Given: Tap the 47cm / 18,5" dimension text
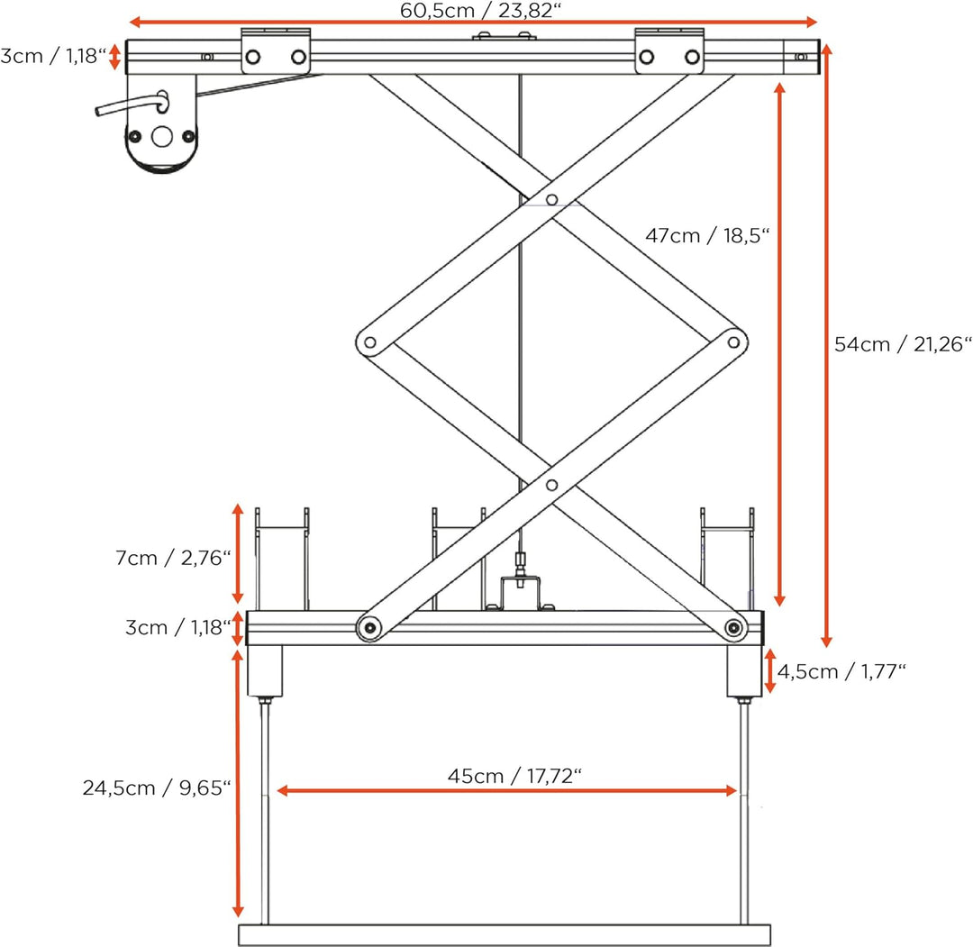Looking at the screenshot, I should pos(707,236).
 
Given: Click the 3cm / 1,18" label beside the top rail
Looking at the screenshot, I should pos(53,58).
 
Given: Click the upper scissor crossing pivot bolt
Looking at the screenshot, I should pos(551,199).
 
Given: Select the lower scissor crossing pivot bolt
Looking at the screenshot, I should pos(551,487).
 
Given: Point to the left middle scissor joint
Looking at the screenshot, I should pos(368,342).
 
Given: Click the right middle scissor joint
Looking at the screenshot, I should pos(734,341).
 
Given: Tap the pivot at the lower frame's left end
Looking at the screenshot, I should pos(368,627).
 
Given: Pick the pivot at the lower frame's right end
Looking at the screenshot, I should pos(735,627).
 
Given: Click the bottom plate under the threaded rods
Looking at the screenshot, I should pos(505,934).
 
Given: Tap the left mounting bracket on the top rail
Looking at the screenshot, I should pos(276,50).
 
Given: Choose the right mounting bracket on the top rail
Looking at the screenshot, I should pos(669,50).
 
